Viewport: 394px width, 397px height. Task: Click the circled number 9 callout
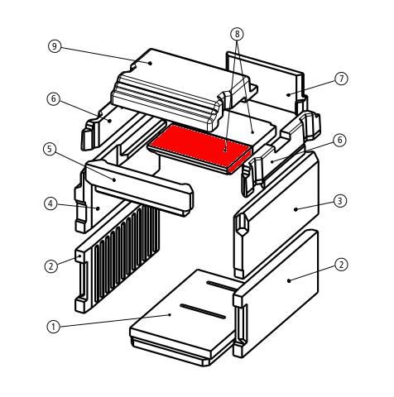pyautogui.click(x=54, y=46)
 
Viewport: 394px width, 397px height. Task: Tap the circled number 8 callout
pyautogui.click(x=237, y=34)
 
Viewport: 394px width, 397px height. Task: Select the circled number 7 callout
pyautogui.click(x=342, y=79)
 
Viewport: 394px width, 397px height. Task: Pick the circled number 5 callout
pyautogui.click(x=50, y=149)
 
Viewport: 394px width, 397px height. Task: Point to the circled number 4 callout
pyautogui.click(x=50, y=204)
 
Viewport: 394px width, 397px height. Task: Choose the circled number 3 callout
pyautogui.click(x=340, y=201)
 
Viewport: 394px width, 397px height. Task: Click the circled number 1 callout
pyautogui.click(x=53, y=327)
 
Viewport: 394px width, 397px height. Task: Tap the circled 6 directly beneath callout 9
pyautogui.click(x=53, y=98)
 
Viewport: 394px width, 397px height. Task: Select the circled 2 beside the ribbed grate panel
pyautogui.click(x=51, y=266)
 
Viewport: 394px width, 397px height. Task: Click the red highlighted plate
pyautogui.click(x=200, y=149)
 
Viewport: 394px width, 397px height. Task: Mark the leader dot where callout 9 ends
pyautogui.click(x=150, y=63)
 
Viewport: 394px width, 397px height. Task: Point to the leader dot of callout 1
pyautogui.click(x=171, y=314)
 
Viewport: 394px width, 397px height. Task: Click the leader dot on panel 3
pyautogui.click(x=295, y=209)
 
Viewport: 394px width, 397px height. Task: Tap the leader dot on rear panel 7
pyautogui.click(x=288, y=95)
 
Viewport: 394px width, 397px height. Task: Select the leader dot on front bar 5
pyautogui.click(x=114, y=179)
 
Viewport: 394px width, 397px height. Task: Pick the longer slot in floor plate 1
pyautogui.click(x=203, y=311)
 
